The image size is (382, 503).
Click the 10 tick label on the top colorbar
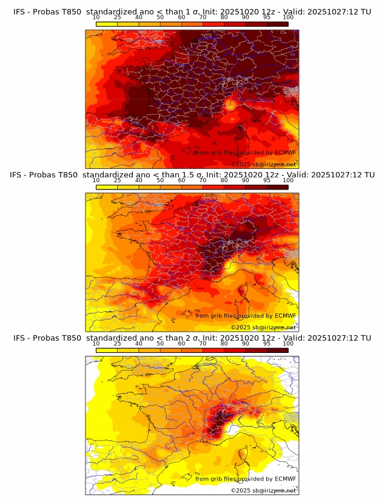point(96,17)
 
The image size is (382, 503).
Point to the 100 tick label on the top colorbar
point(288,17)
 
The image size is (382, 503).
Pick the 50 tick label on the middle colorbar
point(160,180)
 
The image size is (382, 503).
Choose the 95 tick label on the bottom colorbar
point(267,343)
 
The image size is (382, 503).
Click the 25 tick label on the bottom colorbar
point(118,343)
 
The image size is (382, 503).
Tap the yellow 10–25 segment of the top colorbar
point(107,24)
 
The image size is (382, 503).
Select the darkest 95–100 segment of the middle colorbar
point(278,187)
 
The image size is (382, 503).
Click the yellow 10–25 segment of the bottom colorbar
point(107,350)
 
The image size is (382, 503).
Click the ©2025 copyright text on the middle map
point(263,327)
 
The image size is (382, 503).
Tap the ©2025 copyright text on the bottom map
point(263,490)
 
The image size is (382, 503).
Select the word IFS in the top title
point(20,5)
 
